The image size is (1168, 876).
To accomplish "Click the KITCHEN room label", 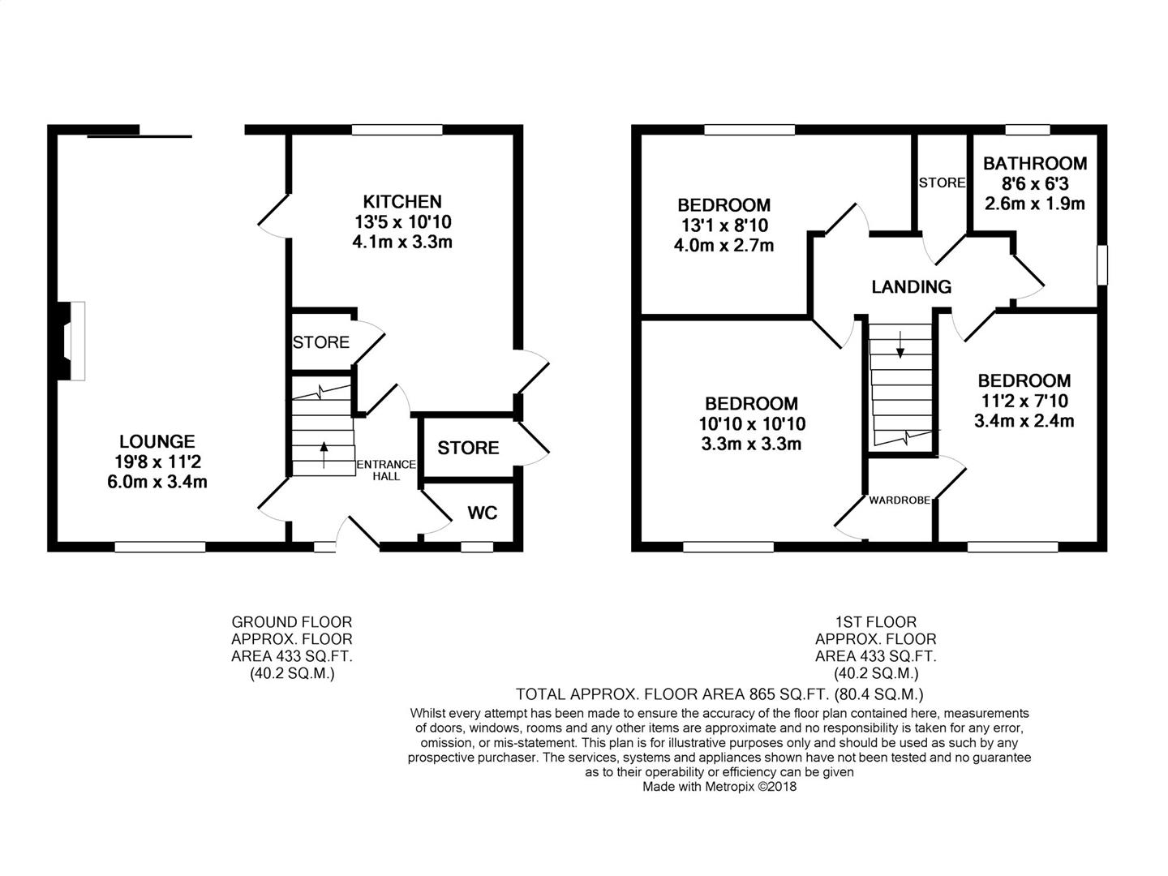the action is click(x=401, y=202).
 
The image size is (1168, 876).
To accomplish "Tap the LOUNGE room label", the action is click(x=157, y=441).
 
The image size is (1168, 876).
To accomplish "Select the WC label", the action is click(x=482, y=513).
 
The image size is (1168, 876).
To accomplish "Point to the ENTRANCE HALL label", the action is click(x=386, y=470).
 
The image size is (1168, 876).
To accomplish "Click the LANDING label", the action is click(x=911, y=287).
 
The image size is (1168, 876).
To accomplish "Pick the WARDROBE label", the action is click(x=900, y=500).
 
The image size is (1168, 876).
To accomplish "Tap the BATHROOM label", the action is click(x=1034, y=163).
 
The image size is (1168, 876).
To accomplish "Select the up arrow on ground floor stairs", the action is click(x=324, y=455).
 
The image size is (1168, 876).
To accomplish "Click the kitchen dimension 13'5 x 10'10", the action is click(x=402, y=221).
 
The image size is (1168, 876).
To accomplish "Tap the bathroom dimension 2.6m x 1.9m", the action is click(x=1034, y=204).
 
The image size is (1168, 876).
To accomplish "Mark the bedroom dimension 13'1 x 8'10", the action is click(x=724, y=225).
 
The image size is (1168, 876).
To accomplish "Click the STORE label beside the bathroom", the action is click(x=942, y=183).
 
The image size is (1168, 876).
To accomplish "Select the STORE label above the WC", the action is click(x=468, y=448).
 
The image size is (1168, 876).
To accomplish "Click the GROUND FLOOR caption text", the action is click(x=292, y=622).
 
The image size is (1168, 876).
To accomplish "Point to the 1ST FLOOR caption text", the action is click(x=876, y=622).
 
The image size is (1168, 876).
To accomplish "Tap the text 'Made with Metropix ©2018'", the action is click(x=719, y=787).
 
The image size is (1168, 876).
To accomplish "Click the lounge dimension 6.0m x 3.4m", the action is click(x=157, y=482).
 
